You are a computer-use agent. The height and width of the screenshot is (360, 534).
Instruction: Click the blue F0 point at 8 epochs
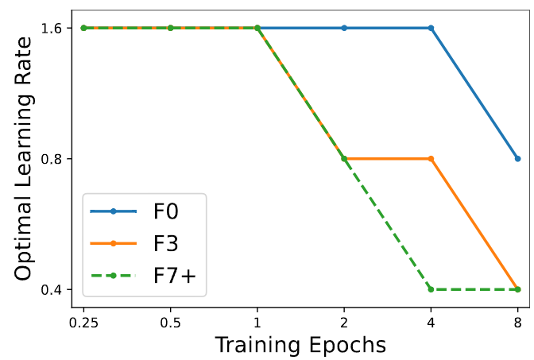[x=517, y=159]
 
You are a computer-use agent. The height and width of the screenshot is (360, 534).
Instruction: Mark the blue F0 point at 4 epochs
[x=431, y=28]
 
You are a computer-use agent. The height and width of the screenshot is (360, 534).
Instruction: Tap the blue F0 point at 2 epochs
[x=344, y=28]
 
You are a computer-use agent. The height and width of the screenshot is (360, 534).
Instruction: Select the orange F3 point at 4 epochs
[x=431, y=159]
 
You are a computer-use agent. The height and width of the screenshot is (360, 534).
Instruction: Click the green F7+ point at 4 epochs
[x=431, y=289]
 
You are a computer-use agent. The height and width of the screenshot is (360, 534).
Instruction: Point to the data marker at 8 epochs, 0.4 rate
[x=517, y=289]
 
